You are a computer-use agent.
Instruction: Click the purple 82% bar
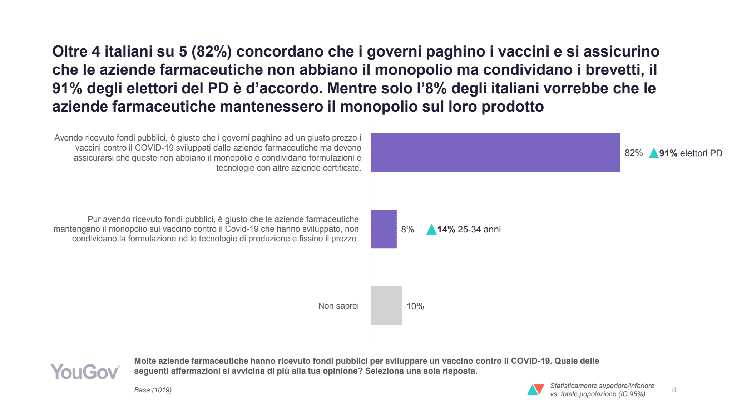point(495,152)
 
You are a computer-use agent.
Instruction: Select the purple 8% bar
point(384,229)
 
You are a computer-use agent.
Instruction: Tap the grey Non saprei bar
point(386,306)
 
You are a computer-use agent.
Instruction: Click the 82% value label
point(633,153)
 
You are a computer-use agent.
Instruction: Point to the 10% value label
point(415,306)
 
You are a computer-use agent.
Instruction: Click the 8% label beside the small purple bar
point(407,229)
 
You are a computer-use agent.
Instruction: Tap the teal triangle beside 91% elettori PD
point(654,154)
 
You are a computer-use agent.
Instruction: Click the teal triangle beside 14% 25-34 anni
point(431,230)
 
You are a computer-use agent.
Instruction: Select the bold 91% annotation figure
point(668,153)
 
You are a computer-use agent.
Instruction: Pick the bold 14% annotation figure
point(446,230)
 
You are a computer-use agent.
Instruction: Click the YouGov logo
point(85,372)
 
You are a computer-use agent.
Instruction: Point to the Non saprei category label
point(338,306)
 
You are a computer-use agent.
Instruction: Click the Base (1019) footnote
point(153,390)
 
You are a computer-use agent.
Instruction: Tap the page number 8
point(674,389)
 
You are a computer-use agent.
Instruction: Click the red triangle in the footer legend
point(539,388)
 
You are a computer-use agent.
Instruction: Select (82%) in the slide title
point(212,51)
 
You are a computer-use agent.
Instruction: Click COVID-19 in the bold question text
point(531,361)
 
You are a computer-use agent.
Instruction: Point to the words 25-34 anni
point(479,230)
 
